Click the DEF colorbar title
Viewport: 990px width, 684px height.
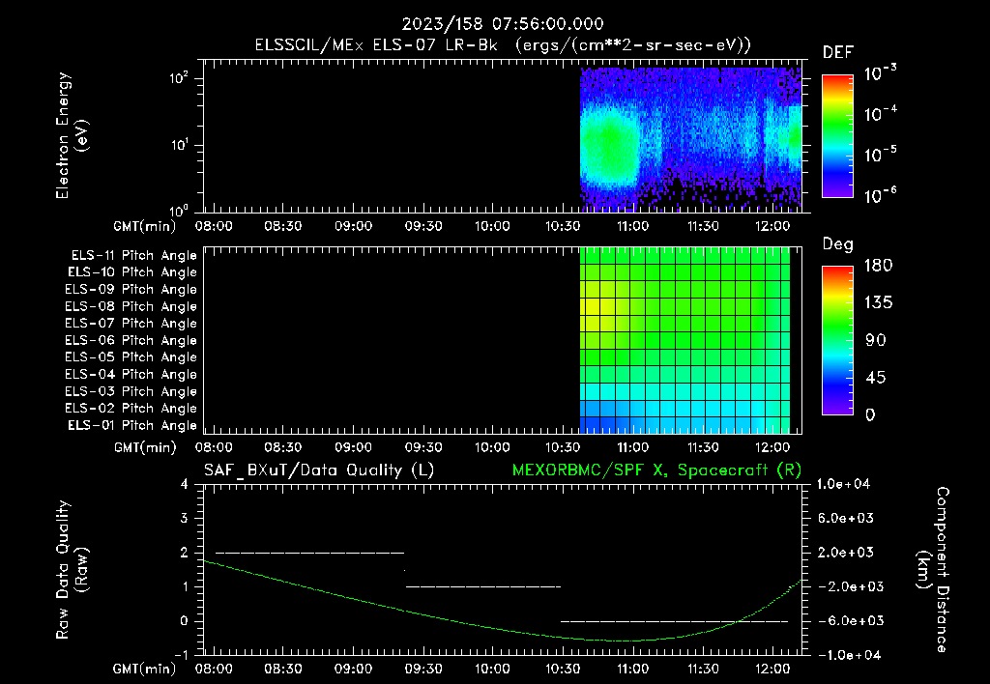pyautogui.click(x=837, y=52)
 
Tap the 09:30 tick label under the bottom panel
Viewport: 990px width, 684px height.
pyautogui.click(x=422, y=668)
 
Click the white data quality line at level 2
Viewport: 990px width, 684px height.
pyautogui.click(x=309, y=553)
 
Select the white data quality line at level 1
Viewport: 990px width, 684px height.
pyautogui.click(x=483, y=586)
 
